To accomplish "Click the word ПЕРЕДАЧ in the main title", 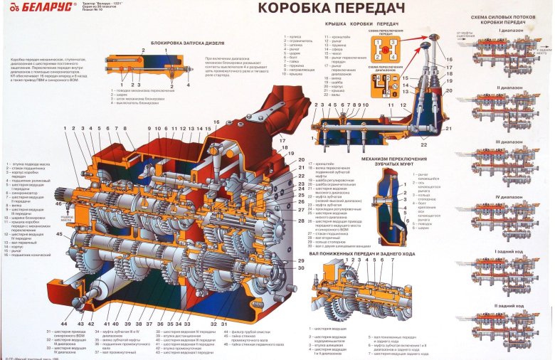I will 360,9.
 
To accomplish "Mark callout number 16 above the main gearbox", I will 216,122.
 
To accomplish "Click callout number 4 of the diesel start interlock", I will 188,85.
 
